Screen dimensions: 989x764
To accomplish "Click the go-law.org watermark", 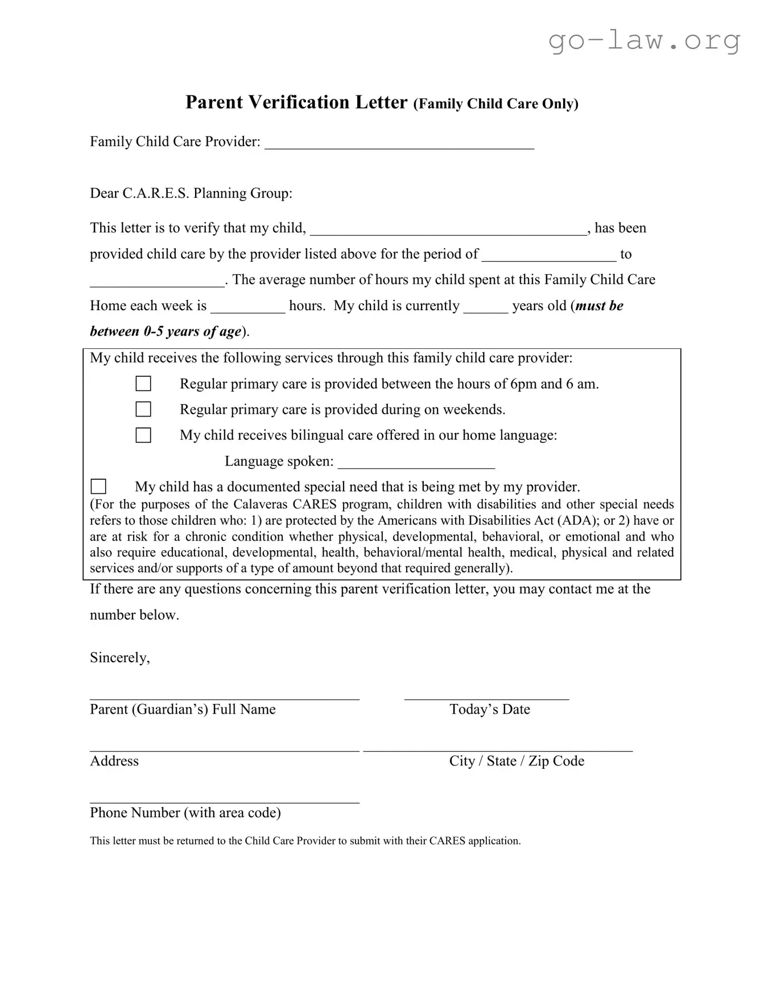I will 644,40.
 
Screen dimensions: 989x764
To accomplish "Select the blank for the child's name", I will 448,231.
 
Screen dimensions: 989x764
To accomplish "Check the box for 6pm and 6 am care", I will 143,384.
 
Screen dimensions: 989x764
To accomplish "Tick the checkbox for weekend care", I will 143,409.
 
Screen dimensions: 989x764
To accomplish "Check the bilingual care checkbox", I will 143,435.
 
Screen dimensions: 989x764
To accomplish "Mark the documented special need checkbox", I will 98,487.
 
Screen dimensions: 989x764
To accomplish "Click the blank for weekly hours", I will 248,309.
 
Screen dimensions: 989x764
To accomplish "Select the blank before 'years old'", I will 486,309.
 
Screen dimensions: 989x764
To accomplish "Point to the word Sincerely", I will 119,658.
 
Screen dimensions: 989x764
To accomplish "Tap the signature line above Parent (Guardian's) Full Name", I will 225,697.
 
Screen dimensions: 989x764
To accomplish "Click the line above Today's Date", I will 486,697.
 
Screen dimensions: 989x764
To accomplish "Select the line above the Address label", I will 225,749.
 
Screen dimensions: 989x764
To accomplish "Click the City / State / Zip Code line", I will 498,749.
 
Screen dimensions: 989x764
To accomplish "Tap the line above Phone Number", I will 225,801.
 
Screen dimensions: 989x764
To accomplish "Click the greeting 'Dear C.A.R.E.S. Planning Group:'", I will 191,193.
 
